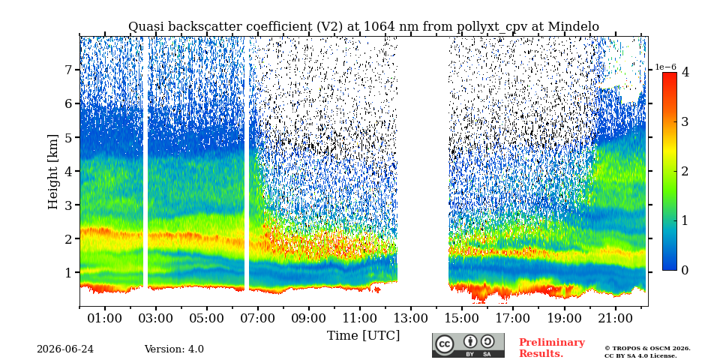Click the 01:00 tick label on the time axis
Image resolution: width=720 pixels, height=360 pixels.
click(x=105, y=318)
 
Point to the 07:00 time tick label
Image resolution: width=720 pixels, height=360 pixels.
click(x=257, y=318)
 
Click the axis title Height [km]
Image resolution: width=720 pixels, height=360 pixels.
click(x=53, y=172)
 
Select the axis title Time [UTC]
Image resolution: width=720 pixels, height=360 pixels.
click(x=363, y=336)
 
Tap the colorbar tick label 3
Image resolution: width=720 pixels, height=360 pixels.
click(x=685, y=121)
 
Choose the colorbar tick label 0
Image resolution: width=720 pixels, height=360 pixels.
click(x=685, y=271)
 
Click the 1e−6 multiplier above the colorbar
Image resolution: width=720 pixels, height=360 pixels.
click(x=666, y=67)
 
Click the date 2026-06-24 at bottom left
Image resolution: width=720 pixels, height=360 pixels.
click(x=65, y=349)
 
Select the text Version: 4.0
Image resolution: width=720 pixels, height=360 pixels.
click(x=174, y=349)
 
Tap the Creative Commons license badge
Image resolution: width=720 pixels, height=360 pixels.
click(x=468, y=345)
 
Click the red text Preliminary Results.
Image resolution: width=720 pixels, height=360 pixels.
click(x=552, y=347)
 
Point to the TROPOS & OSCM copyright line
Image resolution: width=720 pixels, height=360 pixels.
click(x=647, y=349)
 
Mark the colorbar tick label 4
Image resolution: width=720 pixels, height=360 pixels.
click(x=685, y=72)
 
